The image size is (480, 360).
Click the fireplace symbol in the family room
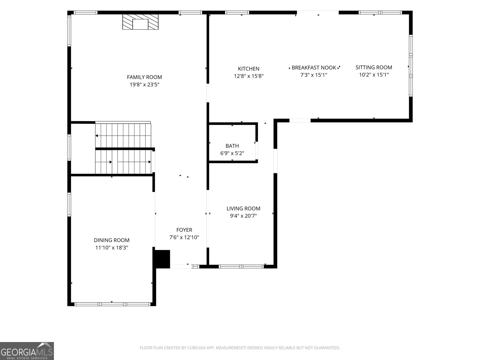140,22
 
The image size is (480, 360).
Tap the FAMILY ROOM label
144,77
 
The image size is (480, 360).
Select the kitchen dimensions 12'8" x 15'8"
249,76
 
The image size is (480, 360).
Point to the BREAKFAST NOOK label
314,68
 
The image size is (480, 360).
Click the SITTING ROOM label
374,67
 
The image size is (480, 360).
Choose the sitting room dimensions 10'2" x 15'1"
374,75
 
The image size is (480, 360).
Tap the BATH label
232,146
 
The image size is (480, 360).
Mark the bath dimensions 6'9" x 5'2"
232,153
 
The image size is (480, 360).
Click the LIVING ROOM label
243,208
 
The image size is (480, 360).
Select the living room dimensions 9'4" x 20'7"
243,216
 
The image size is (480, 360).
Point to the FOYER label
184,230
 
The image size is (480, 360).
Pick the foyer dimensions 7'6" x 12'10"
184,237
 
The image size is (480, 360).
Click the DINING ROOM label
112,240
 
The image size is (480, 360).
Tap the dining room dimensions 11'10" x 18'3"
112,248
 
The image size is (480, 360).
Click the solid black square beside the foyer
162,259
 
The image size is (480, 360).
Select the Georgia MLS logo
27,351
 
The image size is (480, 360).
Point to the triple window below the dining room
112,304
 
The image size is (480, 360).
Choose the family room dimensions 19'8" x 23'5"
144,85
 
